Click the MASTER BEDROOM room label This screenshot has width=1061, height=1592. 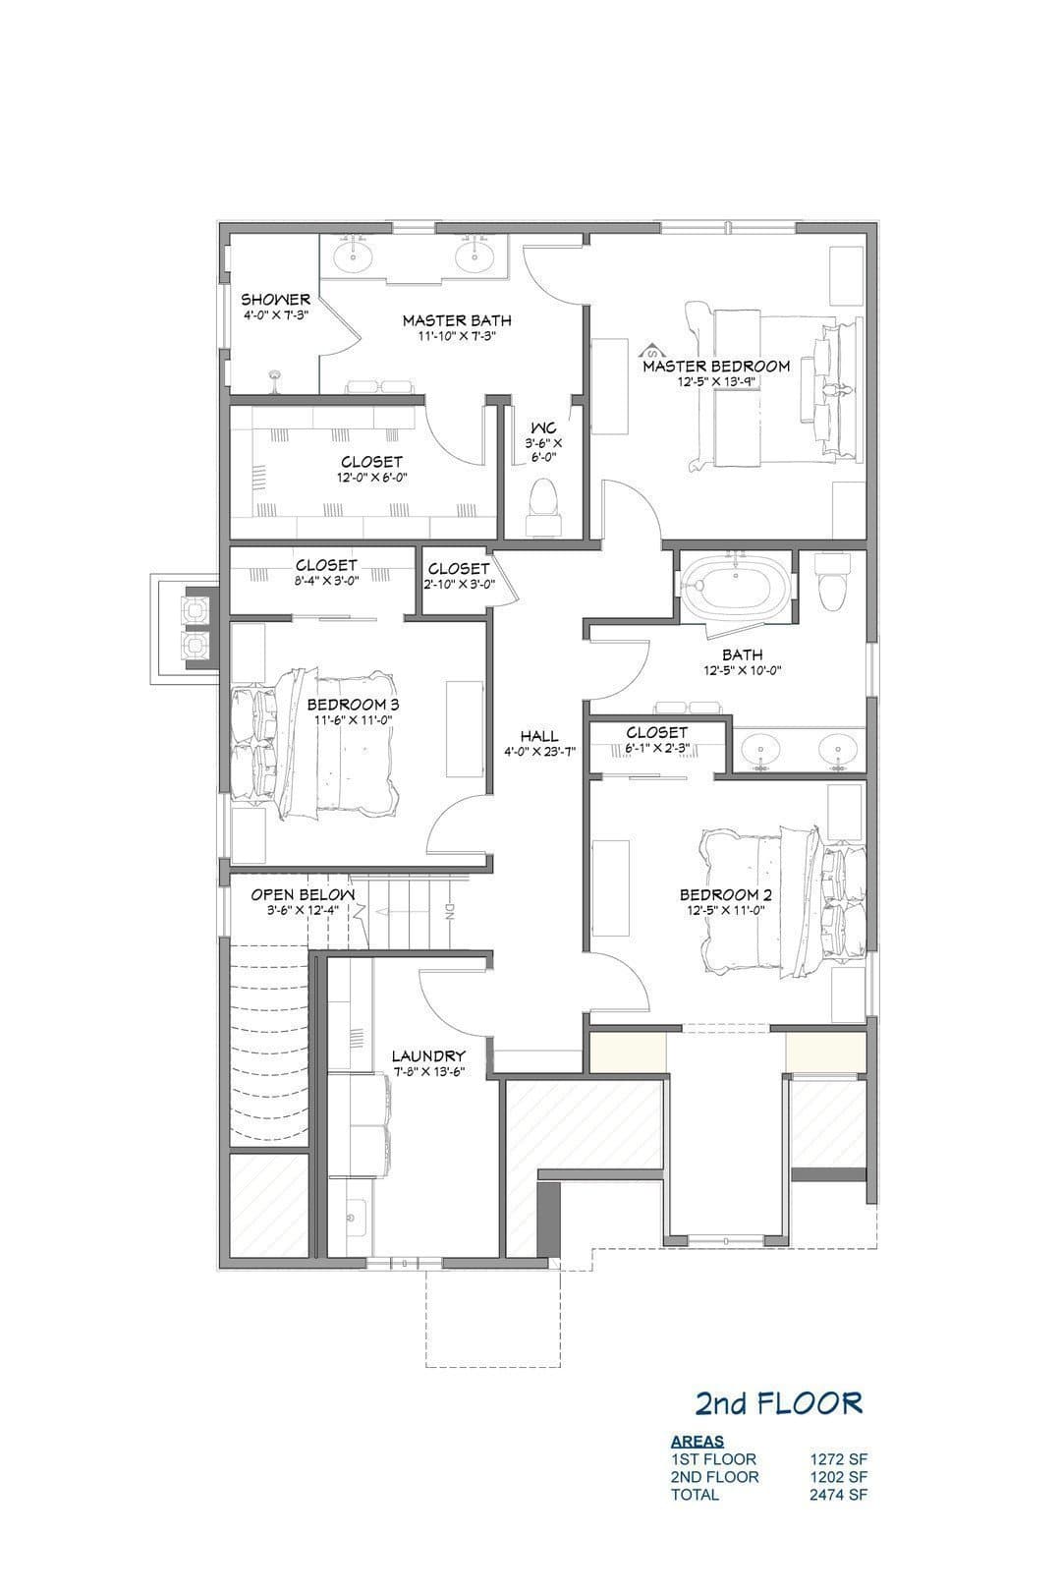715,366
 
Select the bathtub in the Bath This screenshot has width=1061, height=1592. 735,589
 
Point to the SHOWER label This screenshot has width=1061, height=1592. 276,299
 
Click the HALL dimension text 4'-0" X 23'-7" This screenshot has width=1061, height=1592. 539,751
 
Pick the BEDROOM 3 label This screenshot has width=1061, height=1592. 354,705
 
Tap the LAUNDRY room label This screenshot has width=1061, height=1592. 428,1056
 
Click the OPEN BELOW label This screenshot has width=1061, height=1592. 302,894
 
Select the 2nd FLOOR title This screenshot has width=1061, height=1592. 778,1403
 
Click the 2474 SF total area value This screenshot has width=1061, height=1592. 839,1494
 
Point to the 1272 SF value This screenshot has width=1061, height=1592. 839,1459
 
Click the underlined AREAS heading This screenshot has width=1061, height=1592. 698,1442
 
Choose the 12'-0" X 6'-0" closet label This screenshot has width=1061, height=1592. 371,478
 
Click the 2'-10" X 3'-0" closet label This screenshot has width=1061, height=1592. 459,584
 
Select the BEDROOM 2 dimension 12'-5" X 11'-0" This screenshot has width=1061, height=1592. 726,910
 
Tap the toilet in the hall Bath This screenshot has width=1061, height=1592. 833,579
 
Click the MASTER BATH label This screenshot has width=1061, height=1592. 457,320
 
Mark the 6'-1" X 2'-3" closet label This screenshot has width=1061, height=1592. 656,747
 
